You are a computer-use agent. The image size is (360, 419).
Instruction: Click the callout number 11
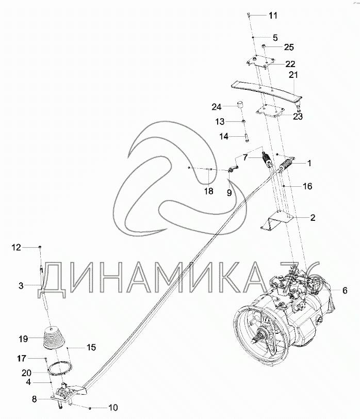click(x=273, y=15)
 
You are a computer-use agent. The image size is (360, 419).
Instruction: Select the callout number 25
click(x=289, y=47)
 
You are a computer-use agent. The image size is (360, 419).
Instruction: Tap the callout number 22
click(x=290, y=64)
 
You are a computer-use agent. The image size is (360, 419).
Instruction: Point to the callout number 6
click(x=345, y=290)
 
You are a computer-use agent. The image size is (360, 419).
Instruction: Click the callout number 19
click(x=23, y=339)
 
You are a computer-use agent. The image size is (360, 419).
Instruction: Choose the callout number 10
click(x=113, y=408)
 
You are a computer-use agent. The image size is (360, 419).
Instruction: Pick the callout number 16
click(x=307, y=186)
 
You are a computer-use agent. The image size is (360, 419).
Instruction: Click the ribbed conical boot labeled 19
click(x=54, y=337)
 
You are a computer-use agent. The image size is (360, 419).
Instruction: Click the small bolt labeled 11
click(x=249, y=15)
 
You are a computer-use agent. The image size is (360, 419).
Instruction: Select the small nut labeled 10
click(x=90, y=408)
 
